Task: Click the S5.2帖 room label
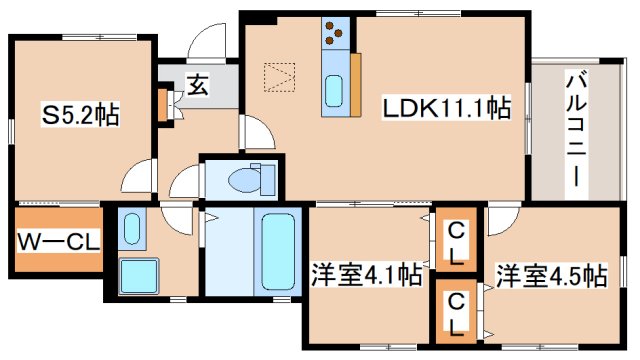tap(81, 115)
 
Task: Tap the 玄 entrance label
tap(197, 87)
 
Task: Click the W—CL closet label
tap(57, 241)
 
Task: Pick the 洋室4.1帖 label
tap(365, 274)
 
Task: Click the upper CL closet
tap(456, 242)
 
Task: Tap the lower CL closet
tap(456, 311)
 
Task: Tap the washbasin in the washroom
tap(130, 231)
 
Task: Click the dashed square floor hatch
tap(279, 75)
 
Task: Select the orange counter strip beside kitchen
tap(355, 82)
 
